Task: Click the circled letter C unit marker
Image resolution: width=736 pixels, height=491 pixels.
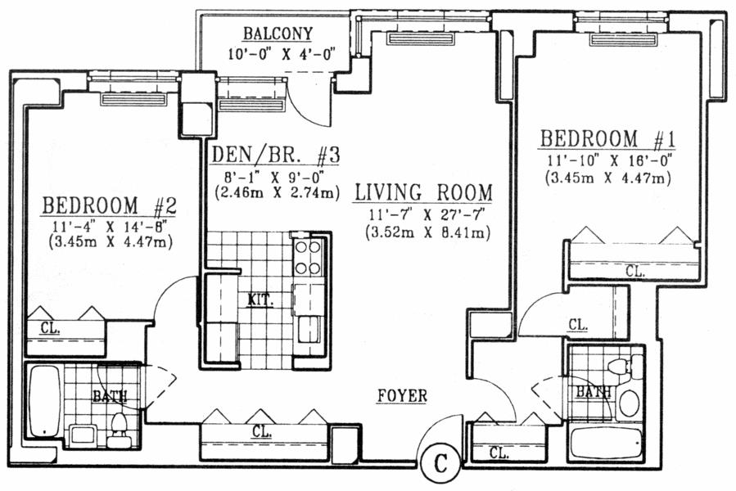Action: [440, 464]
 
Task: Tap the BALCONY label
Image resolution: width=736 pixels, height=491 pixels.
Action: [278, 34]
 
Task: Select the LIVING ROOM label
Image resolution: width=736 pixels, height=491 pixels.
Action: [423, 192]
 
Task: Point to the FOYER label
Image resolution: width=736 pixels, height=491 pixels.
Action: [402, 396]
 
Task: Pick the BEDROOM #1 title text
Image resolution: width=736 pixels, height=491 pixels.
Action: [607, 139]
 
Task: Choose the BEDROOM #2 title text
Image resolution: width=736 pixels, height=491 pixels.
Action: [109, 205]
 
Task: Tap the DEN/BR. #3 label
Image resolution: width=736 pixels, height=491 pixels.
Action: [275, 155]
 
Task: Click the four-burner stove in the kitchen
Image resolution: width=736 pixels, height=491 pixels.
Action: [308, 257]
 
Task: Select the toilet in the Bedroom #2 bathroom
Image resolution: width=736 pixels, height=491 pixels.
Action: [119, 430]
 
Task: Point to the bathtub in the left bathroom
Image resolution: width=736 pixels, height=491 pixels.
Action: [44, 401]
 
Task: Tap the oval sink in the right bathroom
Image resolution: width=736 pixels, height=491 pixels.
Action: [629, 403]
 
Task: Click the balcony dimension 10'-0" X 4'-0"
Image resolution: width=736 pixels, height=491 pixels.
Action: [282, 55]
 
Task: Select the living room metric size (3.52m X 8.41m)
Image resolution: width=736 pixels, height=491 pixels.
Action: [427, 232]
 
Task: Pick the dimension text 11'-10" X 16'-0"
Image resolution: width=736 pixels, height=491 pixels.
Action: [610, 161]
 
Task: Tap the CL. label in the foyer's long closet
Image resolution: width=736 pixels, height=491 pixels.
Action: [262, 431]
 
